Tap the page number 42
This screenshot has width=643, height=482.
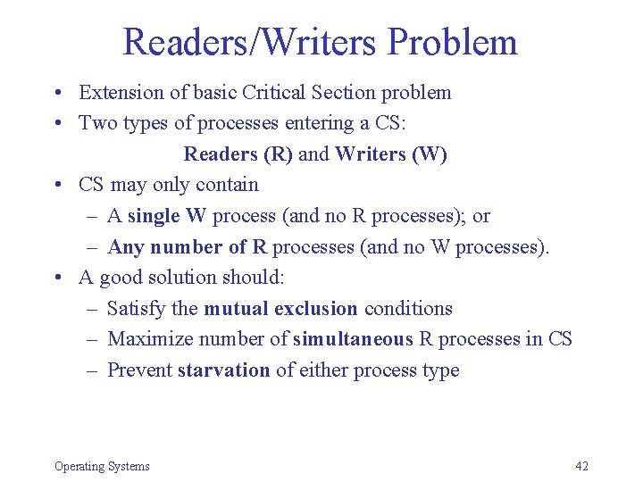coord(582,466)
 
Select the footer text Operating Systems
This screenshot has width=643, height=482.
coord(102,466)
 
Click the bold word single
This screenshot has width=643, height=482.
coord(154,216)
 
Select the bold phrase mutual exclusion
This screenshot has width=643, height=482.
coord(280,309)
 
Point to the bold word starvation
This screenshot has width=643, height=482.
coord(223,370)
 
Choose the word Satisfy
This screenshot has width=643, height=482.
coord(136,309)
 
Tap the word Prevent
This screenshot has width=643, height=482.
coord(139,370)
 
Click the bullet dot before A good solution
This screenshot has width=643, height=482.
coord(57,278)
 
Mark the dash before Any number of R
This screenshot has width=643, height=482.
coord(94,247)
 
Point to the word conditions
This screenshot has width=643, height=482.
coord(408,309)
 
